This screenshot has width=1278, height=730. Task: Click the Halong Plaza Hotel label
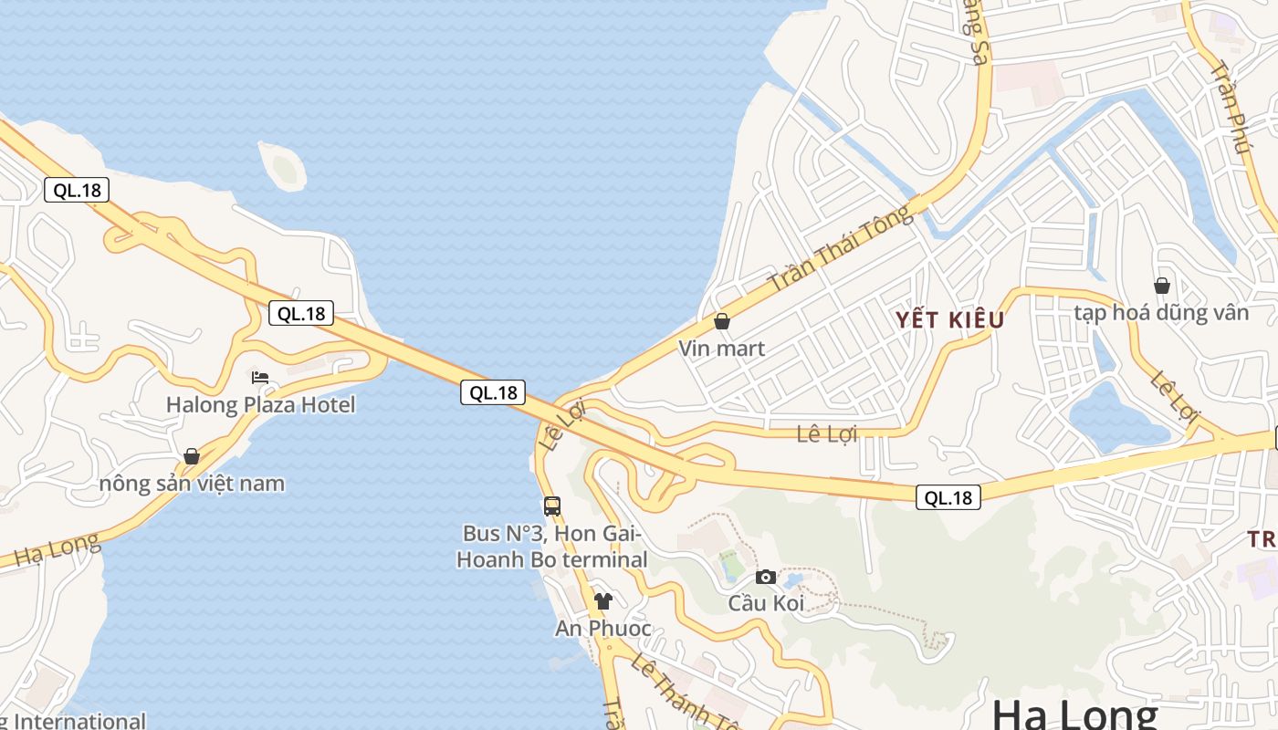click(260, 404)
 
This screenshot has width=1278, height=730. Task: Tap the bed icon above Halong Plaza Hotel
click(260, 378)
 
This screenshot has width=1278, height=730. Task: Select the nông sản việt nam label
click(192, 484)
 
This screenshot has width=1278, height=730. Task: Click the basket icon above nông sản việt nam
click(192, 456)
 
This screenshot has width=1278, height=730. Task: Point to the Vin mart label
click(721, 349)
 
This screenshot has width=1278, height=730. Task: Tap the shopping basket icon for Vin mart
click(722, 321)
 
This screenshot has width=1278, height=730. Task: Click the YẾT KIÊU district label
click(949, 319)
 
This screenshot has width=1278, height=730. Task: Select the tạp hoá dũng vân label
click(1161, 313)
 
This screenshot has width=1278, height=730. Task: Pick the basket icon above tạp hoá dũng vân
click(1162, 286)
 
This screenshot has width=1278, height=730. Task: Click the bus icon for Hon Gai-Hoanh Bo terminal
click(552, 506)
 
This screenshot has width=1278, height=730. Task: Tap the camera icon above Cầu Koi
click(766, 577)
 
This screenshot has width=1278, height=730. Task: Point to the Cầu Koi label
click(766, 603)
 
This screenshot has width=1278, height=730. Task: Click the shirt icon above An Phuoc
click(602, 601)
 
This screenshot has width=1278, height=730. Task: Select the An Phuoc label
click(603, 629)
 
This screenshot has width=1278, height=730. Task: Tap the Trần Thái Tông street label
click(840, 248)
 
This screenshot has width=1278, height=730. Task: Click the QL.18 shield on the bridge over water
click(493, 392)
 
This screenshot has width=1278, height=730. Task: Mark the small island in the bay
click(283, 166)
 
